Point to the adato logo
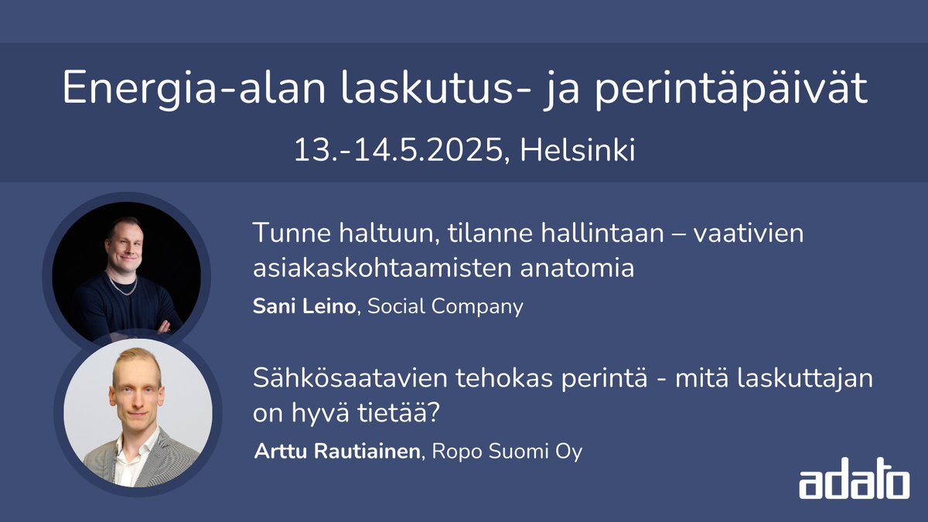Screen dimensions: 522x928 [854, 483]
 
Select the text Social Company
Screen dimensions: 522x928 [445, 306]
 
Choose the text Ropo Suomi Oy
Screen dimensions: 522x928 [507, 452]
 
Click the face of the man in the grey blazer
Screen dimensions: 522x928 [136, 390]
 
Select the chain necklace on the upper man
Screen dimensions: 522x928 [121, 284]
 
